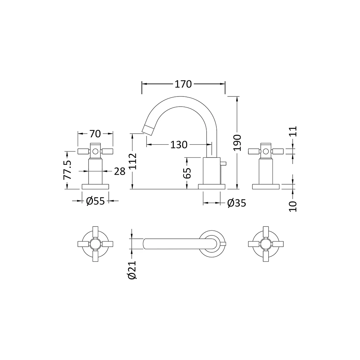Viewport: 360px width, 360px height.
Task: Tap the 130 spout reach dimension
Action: click(179, 145)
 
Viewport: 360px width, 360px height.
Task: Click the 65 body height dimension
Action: click(187, 173)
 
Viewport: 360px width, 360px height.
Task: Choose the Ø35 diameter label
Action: click(237, 203)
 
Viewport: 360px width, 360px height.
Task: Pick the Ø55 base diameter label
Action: click(95, 201)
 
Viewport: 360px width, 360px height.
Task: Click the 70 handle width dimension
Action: click(95, 134)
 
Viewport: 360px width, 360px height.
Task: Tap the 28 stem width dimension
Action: click(120, 171)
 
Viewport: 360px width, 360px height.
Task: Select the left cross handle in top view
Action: click(95, 244)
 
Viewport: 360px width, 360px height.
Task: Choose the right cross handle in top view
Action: click(265, 244)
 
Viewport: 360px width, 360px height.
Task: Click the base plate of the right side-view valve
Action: click(265, 186)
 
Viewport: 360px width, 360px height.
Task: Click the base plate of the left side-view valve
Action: click(95, 186)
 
